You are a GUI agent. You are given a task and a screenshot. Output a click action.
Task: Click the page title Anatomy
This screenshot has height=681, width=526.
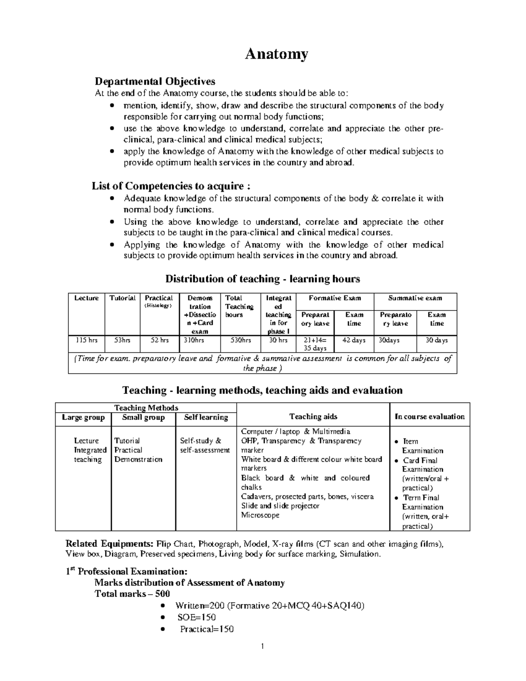tap(276, 54)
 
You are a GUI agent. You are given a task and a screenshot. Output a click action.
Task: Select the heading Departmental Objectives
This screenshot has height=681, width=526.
tap(155, 81)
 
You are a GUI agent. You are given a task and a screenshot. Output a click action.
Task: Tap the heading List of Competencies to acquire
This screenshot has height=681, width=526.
tap(171, 186)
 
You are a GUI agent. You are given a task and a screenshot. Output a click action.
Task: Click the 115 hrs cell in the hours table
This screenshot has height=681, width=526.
tap(86, 340)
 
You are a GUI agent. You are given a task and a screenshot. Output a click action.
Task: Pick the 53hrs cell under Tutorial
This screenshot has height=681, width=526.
tap(122, 340)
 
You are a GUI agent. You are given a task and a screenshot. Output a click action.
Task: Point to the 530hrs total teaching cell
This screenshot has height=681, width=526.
tap(241, 340)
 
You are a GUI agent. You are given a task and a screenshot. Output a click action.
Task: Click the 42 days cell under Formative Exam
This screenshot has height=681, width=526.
tap(354, 340)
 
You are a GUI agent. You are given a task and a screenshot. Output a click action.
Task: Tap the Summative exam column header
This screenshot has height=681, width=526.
tap(415, 298)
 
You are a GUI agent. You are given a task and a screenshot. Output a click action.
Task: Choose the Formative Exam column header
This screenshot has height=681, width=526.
tap(335, 298)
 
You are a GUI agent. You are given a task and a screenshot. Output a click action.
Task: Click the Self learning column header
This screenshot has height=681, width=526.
tap(206, 417)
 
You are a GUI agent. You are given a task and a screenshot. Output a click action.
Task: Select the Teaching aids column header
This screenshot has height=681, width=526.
tap(313, 417)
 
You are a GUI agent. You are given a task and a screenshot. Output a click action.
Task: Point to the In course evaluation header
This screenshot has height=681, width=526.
tap(429, 417)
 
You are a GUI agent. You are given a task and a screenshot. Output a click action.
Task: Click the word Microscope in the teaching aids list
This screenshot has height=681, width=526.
tap(260, 515)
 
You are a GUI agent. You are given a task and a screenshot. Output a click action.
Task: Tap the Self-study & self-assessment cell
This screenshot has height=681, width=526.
tap(205, 446)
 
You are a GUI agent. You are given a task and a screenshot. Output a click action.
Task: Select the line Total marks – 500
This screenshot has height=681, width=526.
tap(132, 594)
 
